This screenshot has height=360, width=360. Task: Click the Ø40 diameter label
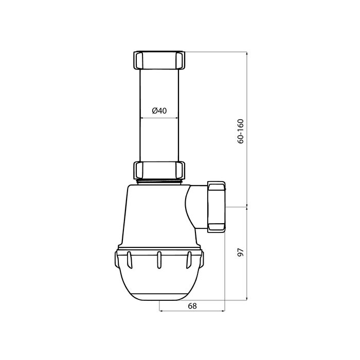(159, 111)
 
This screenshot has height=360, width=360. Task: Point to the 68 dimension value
(192, 305)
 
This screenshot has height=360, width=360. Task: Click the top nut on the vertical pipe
(159, 60)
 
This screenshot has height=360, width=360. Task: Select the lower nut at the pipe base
(159, 170)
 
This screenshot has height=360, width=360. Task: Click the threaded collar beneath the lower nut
(159, 182)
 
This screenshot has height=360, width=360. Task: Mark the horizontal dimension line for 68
(192, 311)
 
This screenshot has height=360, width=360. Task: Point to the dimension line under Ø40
(159, 118)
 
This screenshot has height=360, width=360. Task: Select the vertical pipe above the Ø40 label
(159, 87)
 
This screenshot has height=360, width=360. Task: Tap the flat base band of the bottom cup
(159, 297)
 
